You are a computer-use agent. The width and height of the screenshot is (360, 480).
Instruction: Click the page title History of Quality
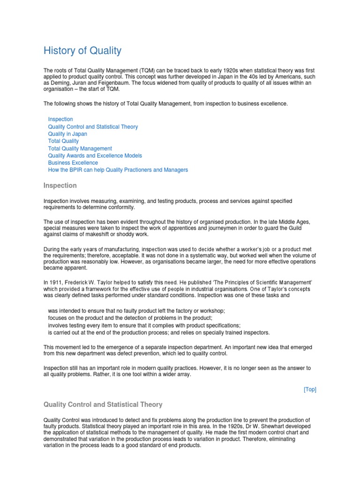pos(82,51)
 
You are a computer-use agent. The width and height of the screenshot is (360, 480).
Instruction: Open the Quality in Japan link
pos(67,134)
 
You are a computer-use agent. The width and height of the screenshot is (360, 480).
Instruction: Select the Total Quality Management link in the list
pos(80,149)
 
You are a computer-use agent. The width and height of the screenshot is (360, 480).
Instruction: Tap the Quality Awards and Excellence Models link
pos(95,156)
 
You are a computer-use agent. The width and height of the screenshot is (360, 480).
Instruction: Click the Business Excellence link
pos(73,163)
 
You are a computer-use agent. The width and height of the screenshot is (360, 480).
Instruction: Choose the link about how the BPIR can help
pos(118,170)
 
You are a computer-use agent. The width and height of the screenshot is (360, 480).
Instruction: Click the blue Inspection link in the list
pos(60,120)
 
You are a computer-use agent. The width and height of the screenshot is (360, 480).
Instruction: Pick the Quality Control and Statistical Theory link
pos(93,127)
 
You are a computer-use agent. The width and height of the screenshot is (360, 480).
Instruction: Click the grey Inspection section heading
pos(60,186)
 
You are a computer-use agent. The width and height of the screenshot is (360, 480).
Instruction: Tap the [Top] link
pos(310,390)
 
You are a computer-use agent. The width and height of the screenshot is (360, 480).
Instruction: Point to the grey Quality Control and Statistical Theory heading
pos(103,405)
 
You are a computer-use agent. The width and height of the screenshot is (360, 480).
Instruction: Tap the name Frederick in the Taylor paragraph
pos(76,283)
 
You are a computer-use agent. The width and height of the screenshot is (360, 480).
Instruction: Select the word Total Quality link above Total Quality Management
pos(63,141)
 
